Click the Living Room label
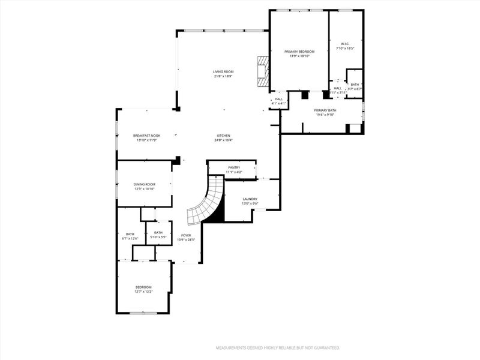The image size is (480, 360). tap(223, 72)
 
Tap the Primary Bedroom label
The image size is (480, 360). tap(299, 52)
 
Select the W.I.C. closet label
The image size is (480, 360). tap(345, 44)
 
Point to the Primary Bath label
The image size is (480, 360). tap(325, 110)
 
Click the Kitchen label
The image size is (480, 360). tap(223, 136)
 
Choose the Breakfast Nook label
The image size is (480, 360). tap(146, 136)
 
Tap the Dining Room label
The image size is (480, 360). tap(144, 184)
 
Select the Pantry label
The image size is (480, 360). tap(233, 167)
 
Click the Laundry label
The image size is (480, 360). tap(250, 199)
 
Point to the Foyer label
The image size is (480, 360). tap(186, 235)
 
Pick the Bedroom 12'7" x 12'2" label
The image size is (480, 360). tap(143, 287)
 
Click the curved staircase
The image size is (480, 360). tap(207, 201)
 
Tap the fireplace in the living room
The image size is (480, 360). tap(262, 72)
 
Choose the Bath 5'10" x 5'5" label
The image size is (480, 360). tap(158, 233)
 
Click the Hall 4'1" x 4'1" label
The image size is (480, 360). tap(278, 100)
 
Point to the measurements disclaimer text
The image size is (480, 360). tap(278, 347)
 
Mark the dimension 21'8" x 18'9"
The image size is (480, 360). tap(223, 76)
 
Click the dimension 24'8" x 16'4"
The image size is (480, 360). tap(223, 140)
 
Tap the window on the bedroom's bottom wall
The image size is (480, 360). tap(143, 313)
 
